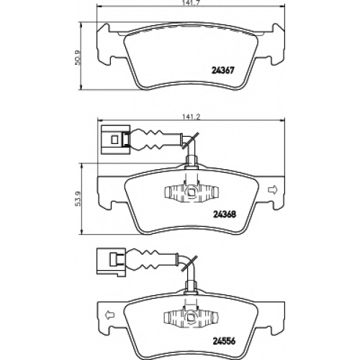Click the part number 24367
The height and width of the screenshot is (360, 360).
click(222, 71)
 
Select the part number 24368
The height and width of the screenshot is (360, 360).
click(225, 214)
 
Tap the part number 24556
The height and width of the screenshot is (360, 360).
click(225, 341)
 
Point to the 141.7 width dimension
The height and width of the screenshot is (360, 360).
click(189, 3)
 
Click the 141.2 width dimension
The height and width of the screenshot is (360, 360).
click(191, 117)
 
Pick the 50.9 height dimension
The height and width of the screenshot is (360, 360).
click(77, 57)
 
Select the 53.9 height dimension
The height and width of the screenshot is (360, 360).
click(77, 199)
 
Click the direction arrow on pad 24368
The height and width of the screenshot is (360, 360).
click(272, 189)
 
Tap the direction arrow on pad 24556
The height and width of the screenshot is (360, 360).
click(110, 315)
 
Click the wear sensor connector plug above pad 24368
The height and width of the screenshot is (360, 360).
click(116, 140)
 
